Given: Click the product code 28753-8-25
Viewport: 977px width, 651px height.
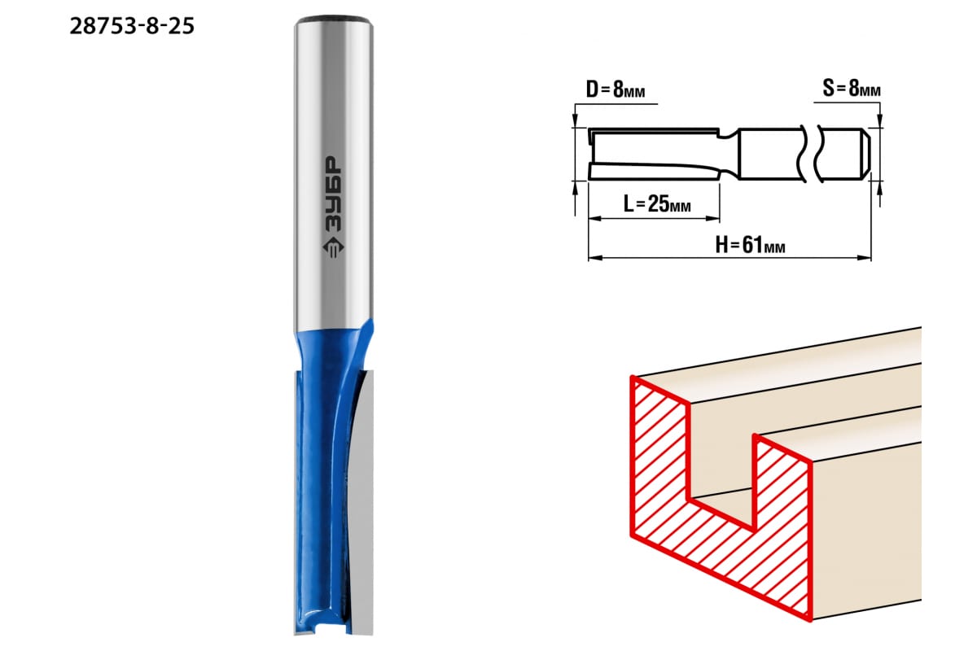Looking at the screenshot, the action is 132,26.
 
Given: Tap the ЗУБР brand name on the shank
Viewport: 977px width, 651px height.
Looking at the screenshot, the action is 333,194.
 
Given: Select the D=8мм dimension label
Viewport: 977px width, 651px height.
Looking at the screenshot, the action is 616,90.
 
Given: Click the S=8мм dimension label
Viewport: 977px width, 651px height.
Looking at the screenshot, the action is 852,89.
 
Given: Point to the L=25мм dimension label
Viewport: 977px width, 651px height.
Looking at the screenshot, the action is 657,203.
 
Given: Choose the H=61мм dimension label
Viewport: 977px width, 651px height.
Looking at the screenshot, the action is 750,245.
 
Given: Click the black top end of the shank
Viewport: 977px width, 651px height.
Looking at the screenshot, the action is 333,20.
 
